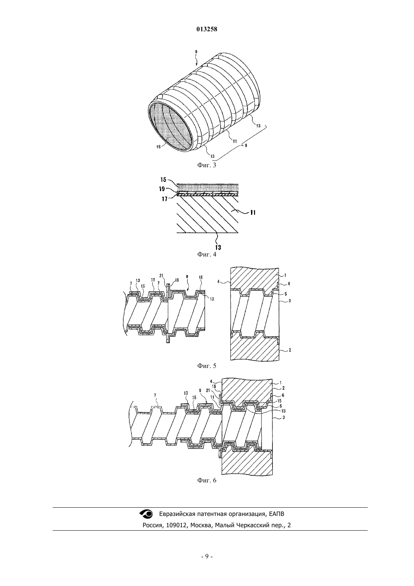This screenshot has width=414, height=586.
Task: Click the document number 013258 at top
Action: pyautogui.click(x=207, y=29)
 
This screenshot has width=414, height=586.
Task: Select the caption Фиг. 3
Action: pyautogui.click(x=207, y=165)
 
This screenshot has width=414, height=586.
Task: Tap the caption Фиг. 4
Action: pyautogui.click(x=207, y=254)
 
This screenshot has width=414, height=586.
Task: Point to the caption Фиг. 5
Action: pyautogui.click(x=207, y=366)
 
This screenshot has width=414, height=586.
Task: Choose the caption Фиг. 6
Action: pyautogui.click(x=207, y=480)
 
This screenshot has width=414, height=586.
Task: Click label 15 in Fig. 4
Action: pyautogui.click(x=163, y=180)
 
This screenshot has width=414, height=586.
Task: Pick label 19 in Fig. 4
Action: pyautogui.click(x=162, y=189)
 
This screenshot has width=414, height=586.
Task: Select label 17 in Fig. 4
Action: pyautogui.click(x=164, y=199)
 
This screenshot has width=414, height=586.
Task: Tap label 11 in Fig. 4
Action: pyautogui.click(x=253, y=212)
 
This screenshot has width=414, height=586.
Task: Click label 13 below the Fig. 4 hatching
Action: pyautogui.click(x=218, y=247)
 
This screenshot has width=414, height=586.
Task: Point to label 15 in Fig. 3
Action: pyautogui.click(x=158, y=147)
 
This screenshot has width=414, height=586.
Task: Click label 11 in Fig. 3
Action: pyautogui.click(x=235, y=141)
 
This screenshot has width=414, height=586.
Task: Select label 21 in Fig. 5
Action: pyautogui.click(x=161, y=275)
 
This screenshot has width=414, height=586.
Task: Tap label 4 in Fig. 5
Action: pyautogui.click(x=218, y=282)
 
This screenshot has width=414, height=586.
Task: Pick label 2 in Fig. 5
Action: pyautogui.click(x=290, y=350)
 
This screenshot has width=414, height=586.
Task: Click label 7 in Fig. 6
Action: pyautogui.click(x=155, y=396)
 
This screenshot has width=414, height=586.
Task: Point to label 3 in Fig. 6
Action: pyautogui.click(x=283, y=418)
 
